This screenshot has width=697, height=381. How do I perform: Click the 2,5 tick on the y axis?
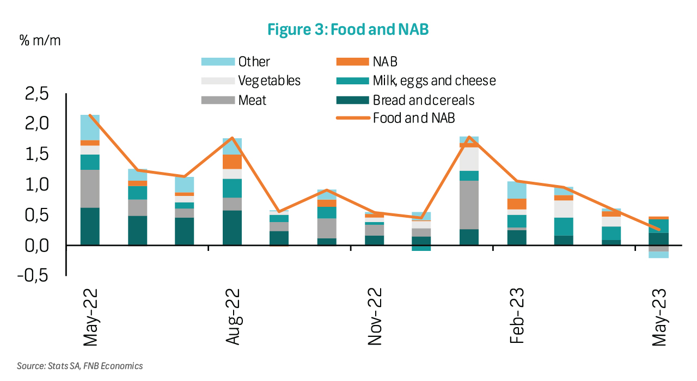coord(37,94)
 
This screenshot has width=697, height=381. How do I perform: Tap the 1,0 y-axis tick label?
coord(37,185)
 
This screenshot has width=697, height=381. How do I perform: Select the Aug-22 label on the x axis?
coord(234,317)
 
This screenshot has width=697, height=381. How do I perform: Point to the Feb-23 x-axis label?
coord(517,317)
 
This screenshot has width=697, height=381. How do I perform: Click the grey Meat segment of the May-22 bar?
coord(90,188)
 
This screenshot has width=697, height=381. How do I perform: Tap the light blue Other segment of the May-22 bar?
coord(90,127)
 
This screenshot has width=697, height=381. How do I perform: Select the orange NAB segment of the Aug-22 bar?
coord(231,162)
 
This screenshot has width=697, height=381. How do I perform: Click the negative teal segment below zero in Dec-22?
coord(421,248)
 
